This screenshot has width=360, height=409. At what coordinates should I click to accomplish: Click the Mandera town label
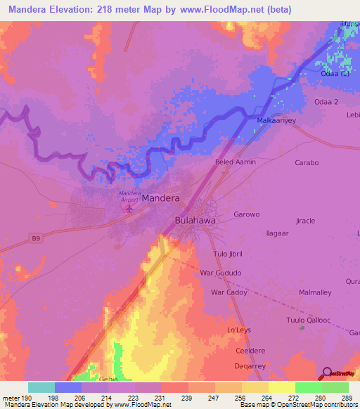coord(160,198)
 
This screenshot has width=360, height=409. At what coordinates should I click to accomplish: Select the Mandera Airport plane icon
coord(129,209)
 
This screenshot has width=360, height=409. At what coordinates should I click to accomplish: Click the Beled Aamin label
coord(235,162)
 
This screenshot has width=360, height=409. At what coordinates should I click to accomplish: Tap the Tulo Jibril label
coord(226,253)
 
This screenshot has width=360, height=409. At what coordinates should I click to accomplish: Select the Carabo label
coord(307,162)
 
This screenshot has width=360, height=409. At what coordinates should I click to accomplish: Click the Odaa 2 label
coord(328,102)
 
